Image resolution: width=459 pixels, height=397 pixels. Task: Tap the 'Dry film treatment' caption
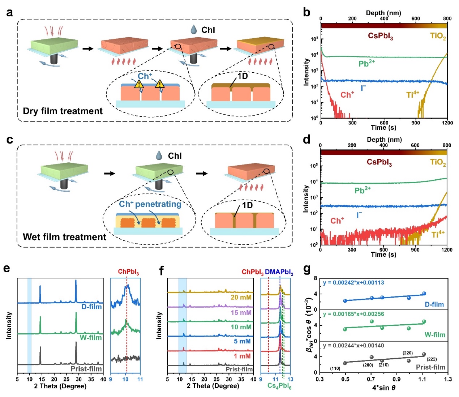tap(63, 111)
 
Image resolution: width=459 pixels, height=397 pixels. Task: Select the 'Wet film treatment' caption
tap(64, 237)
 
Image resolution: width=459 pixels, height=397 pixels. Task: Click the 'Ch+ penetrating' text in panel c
tap(150, 204)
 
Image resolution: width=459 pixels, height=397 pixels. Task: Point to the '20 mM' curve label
tap(241, 298)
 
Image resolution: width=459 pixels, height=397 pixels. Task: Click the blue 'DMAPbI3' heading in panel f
tap(279, 272)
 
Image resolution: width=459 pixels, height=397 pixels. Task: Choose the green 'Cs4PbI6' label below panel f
tap(279, 386)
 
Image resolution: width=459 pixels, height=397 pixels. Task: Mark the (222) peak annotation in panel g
tap(432, 359)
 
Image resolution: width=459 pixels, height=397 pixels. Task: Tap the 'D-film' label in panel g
tap(434, 304)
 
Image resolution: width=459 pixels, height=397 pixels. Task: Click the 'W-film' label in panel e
tap(91, 337)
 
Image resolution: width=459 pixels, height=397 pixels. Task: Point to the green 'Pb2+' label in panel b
tap(366, 64)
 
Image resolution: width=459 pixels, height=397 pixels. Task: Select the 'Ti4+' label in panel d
tap(438, 235)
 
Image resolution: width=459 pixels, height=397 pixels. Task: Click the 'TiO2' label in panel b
tap(438, 36)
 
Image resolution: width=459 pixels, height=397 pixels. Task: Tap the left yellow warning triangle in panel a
tap(139, 84)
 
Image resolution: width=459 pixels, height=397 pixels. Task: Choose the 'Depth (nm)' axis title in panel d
tap(384, 140)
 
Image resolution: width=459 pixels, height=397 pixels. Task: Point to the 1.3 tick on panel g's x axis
tap(448, 379)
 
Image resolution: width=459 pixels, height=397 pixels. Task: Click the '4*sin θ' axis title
tap(384, 388)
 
